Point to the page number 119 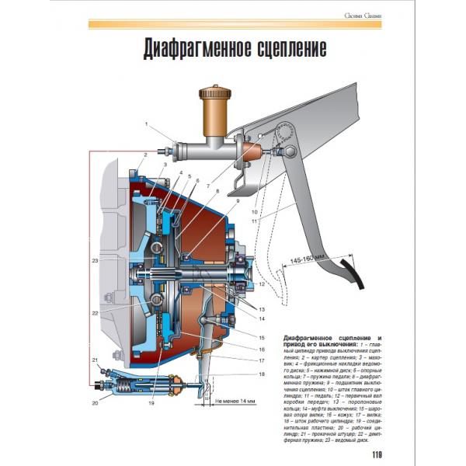pyautogui.click(x=377, y=455)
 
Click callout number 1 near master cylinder pyautogui.click(x=146, y=124)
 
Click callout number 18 pyautogui.click(x=262, y=375)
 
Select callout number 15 pyautogui.click(x=262, y=338)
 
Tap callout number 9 pyautogui.click(x=230, y=200)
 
